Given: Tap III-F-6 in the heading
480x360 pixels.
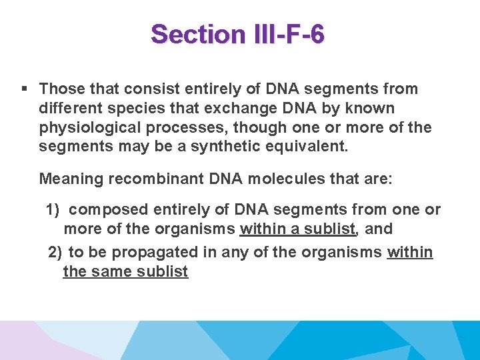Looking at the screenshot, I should click(289, 34).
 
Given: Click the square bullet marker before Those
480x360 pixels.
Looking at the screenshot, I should click(24, 89).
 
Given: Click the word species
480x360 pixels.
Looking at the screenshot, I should click(131, 108).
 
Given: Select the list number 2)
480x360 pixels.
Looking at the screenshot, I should click(55, 253).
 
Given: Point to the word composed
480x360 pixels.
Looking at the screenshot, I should click(108, 210).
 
